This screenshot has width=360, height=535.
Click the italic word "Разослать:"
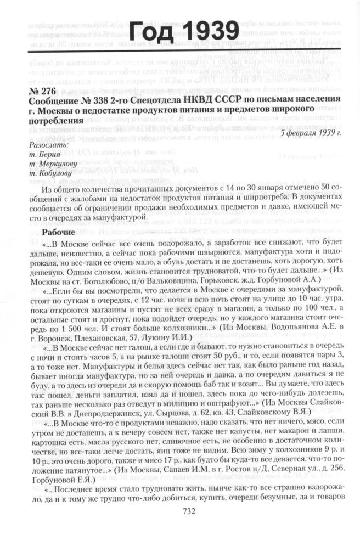click(47, 145)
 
